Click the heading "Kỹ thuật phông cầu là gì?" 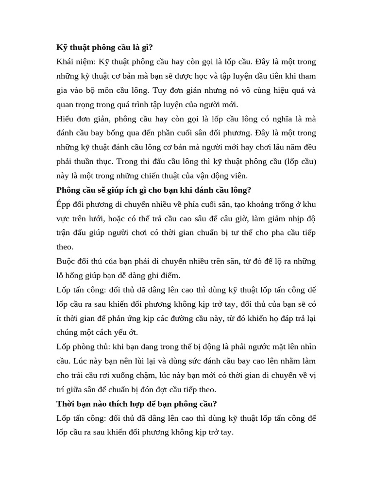point(105,48)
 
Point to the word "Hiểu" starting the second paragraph point(66,118)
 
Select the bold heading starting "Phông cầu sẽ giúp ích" point(153,190)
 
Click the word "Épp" point(65,204)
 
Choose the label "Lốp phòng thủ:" point(82,347)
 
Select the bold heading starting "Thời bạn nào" point(136,403)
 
